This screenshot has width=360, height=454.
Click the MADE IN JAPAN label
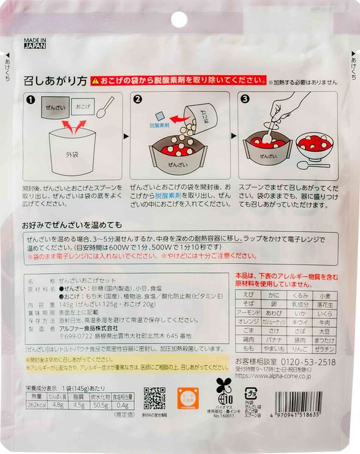(x=36, y=42)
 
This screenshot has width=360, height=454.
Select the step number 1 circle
(x=30, y=100)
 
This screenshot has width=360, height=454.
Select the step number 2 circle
(x=138, y=100)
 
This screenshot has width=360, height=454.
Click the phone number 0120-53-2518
(x=303, y=362)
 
